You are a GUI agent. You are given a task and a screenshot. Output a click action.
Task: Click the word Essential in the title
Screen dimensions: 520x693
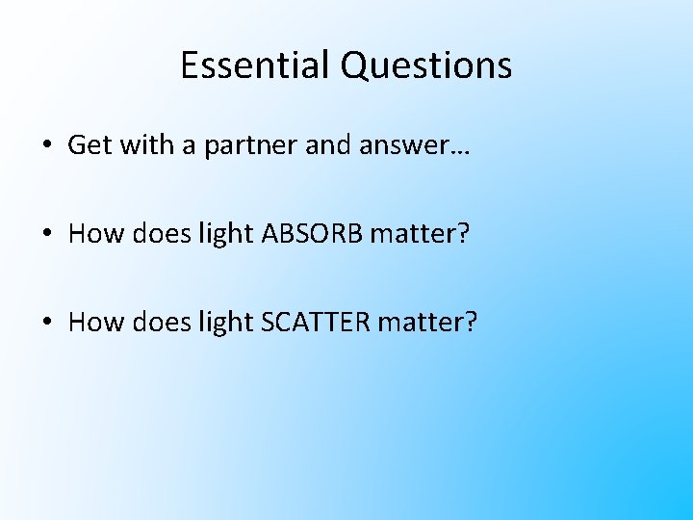pyautogui.click(x=255, y=65)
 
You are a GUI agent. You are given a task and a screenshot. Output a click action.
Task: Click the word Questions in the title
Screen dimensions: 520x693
pyautogui.click(x=425, y=65)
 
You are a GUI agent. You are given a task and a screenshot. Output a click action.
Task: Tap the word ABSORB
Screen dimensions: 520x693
pyautogui.click(x=311, y=234)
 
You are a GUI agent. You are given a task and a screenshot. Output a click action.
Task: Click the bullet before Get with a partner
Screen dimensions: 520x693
pyautogui.click(x=47, y=146)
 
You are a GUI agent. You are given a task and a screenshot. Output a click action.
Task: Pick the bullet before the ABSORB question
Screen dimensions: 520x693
pyautogui.click(x=47, y=235)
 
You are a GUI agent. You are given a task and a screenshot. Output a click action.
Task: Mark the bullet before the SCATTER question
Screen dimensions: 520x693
pyautogui.click(x=47, y=324)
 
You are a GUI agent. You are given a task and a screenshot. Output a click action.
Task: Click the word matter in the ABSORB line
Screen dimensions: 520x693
pyautogui.click(x=419, y=234)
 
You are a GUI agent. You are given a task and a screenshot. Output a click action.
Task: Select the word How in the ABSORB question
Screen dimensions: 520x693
pyautogui.click(x=92, y=234)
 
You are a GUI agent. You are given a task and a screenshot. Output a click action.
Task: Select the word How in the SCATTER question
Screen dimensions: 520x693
pyautogui.click(x=92, y=323)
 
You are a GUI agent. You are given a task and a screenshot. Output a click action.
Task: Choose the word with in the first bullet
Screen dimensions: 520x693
pyautogui.click(x=136, y=145)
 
